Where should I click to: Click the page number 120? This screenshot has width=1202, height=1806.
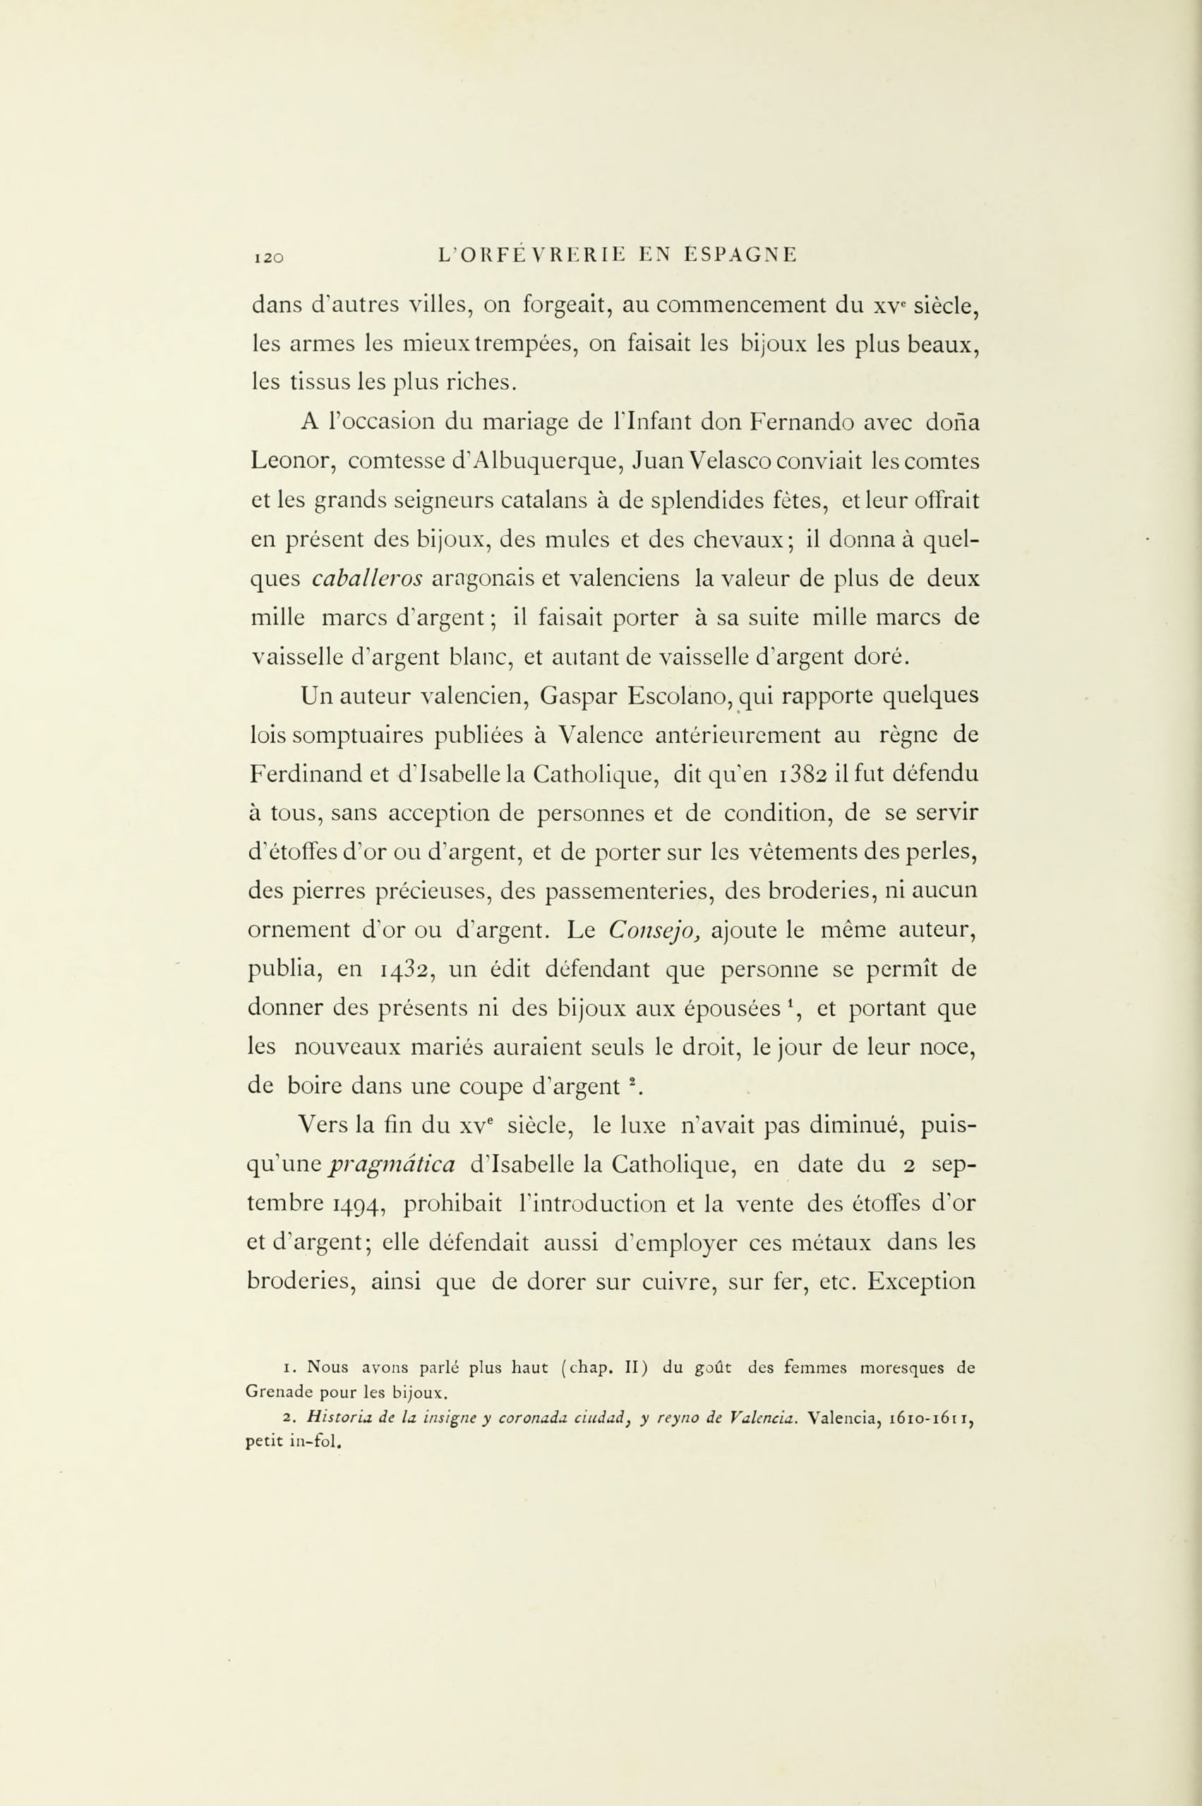tap(268, 258)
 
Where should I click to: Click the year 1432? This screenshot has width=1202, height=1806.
tap(408, 971)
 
